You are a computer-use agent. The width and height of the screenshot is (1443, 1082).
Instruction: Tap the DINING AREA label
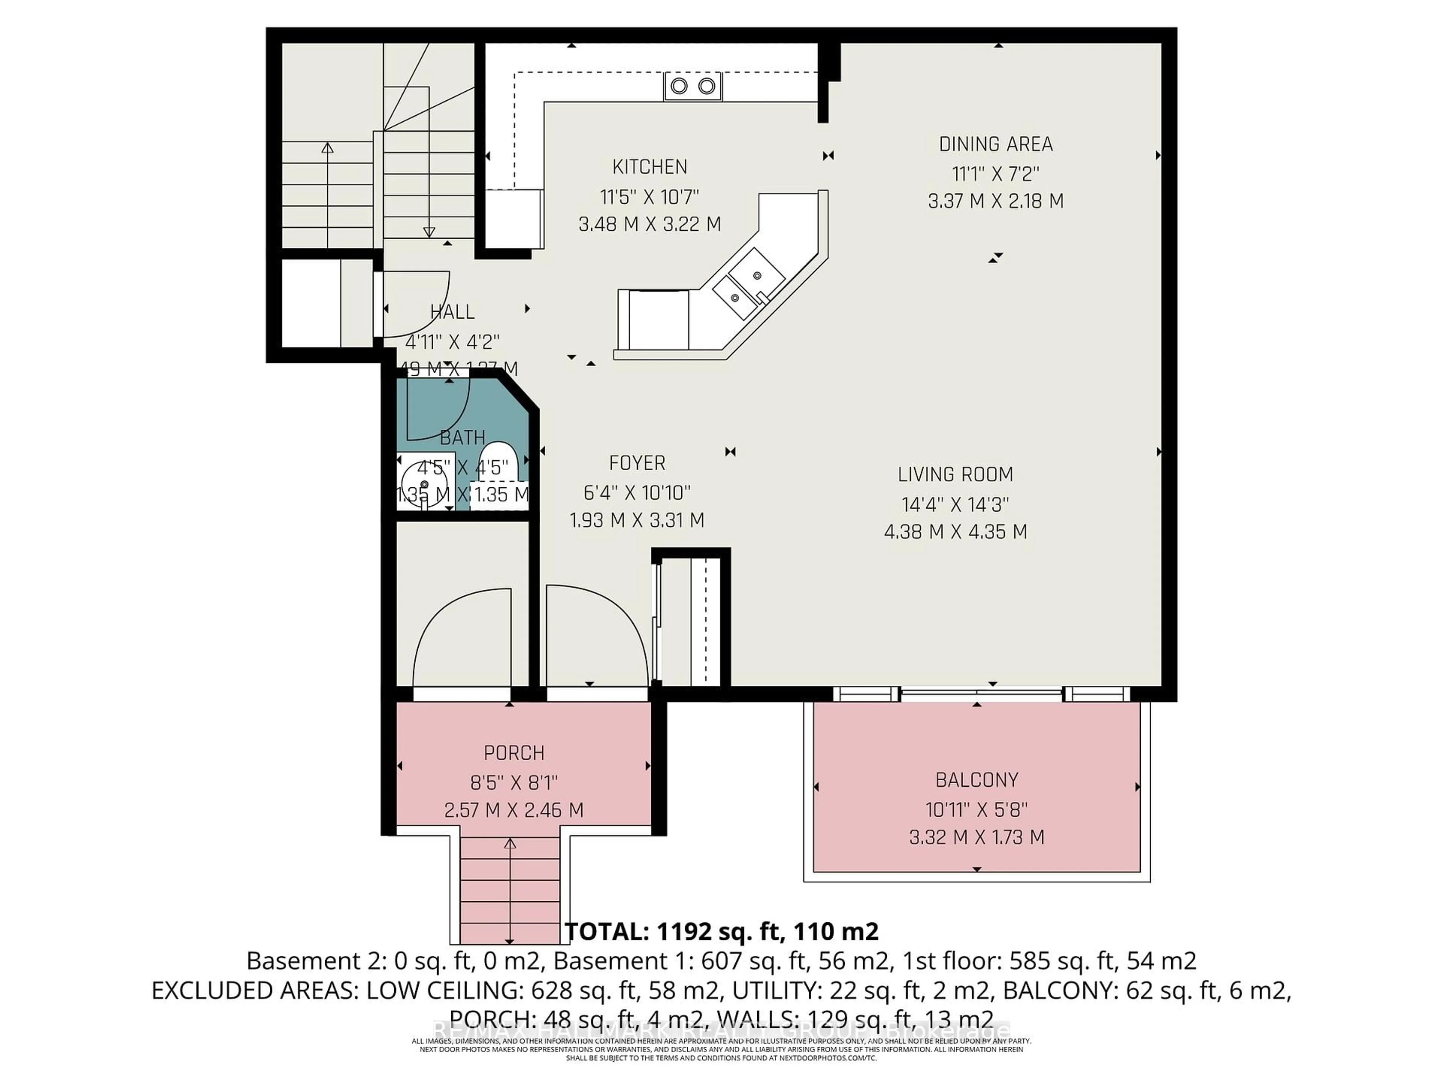[995, 144]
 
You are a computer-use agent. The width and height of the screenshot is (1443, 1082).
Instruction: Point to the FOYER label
[637, 463]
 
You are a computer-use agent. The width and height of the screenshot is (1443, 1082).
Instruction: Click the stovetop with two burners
[693, 86]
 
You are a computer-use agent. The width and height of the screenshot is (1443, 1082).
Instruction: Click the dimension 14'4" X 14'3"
[955, 504]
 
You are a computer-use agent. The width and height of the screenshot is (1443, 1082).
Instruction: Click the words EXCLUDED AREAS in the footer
[254, 990]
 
